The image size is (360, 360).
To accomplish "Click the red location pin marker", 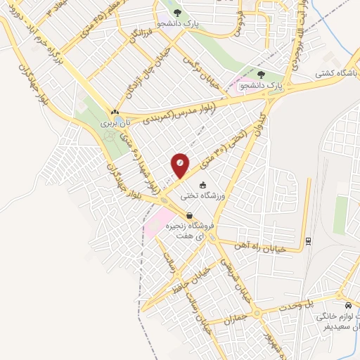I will click(180, 165).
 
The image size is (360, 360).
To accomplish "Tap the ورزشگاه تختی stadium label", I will click(204, 197).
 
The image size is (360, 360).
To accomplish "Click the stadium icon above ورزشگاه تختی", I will click(204, 186).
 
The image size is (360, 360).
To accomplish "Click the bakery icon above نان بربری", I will click(114, 112).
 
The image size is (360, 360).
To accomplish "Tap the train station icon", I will click(308, 242).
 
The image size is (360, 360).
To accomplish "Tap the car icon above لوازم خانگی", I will click(349, 305).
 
